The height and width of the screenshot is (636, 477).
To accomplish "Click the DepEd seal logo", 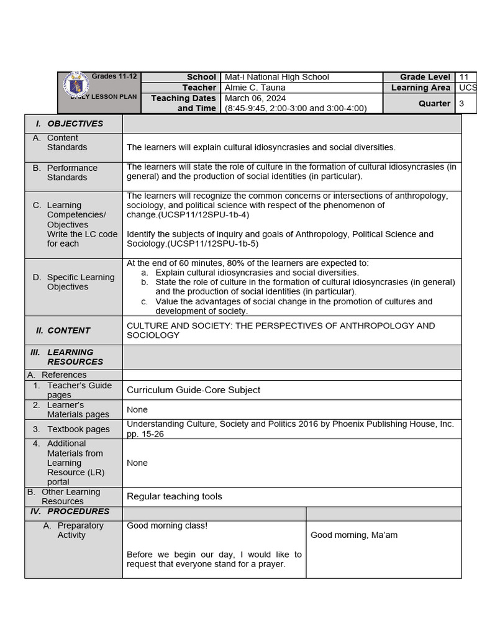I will [76, 85].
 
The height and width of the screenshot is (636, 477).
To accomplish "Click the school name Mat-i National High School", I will [277, 77].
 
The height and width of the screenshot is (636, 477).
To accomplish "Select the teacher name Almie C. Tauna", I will [255, 88].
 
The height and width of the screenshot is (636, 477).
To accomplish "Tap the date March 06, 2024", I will [255, 98].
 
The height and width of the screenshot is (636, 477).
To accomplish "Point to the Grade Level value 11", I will [464, 77].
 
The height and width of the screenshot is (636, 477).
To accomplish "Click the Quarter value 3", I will [462, 104].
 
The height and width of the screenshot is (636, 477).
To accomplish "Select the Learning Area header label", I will [420, 88].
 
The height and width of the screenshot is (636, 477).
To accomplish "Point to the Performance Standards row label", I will [72, 173].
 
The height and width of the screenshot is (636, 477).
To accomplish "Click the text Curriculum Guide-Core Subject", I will [193, 390].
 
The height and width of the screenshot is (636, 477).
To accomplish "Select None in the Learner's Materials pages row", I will [137, 410].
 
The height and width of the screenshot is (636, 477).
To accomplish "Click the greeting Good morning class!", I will [167, 526].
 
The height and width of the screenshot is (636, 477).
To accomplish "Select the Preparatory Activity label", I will [80, 530].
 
